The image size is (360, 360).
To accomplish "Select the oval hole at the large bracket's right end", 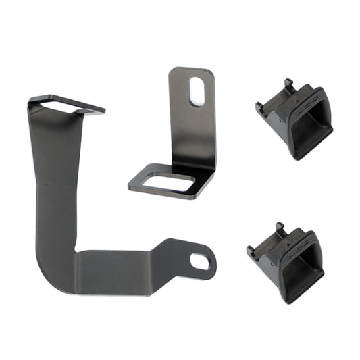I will point(200,260).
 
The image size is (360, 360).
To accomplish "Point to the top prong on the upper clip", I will point(288,84).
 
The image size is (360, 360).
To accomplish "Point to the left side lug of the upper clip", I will point(259,107).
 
